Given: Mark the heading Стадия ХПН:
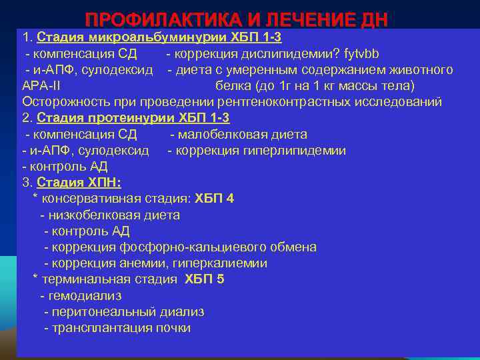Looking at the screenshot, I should click(x=79, y=183).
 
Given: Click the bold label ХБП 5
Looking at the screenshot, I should click(x=204, y=279).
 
